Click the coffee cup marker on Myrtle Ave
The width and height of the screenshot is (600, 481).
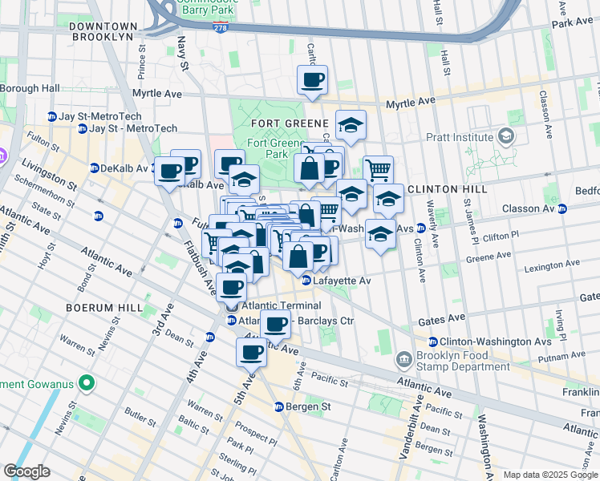coord(312,79)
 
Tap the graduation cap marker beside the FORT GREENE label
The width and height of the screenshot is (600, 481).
coord(351,125)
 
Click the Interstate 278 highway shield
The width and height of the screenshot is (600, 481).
coord(220,27)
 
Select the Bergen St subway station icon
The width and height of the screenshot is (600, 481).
coord(279,406)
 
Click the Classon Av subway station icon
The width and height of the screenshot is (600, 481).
coord(561,208)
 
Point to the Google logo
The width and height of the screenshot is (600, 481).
coord(27,471)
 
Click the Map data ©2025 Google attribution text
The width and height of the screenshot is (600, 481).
coord(549,475)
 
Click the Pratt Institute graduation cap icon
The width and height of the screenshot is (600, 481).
coord(505,135)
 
